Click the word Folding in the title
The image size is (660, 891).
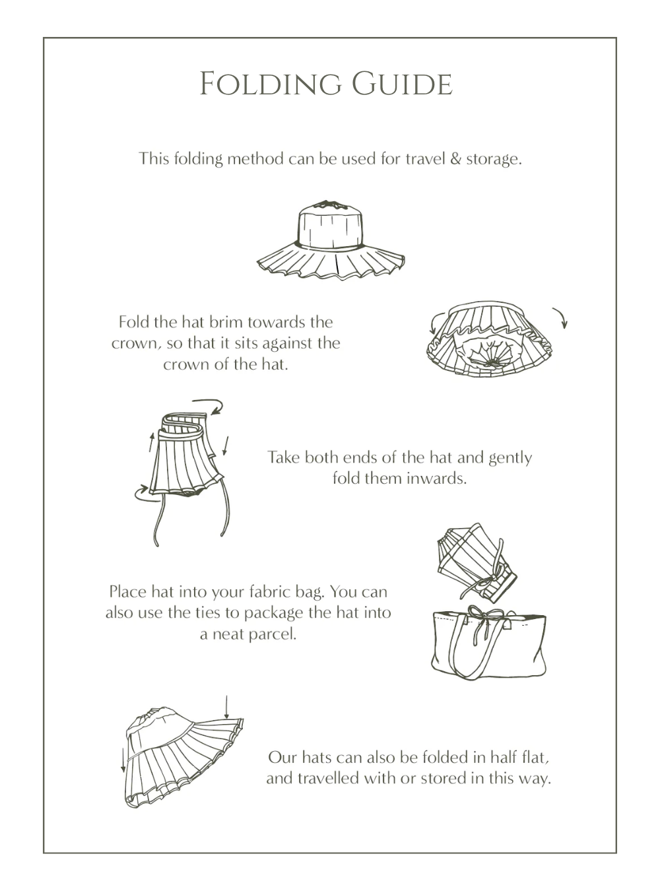(271, 84)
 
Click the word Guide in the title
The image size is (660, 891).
(402, 84)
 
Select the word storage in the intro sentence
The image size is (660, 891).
(494, 160)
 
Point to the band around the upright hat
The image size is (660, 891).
(330, 245)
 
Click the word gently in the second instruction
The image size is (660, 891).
(510, 458)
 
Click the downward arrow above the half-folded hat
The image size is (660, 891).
(226, 708)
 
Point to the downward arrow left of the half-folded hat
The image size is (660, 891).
(123, 760)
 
